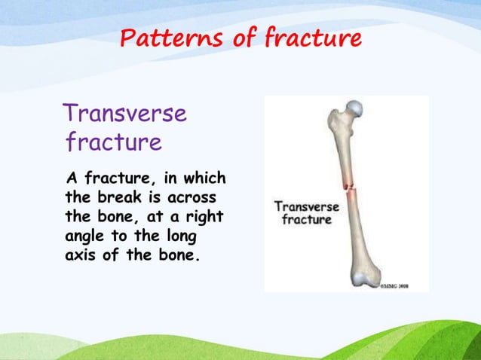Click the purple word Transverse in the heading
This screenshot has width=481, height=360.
pyautogui.click(x=125, y=114)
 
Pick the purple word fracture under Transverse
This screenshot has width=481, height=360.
pyautogui.click(x=113, y=142)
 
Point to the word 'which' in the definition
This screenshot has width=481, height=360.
pyautogui.click(x=203, y=179)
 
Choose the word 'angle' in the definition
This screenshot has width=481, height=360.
pyautogui.click(x=87, y=236)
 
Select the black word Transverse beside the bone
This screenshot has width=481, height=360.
pyautogui.click(x=305, y=206)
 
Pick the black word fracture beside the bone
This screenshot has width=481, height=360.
pyautogui.click(x=306, y=219)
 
